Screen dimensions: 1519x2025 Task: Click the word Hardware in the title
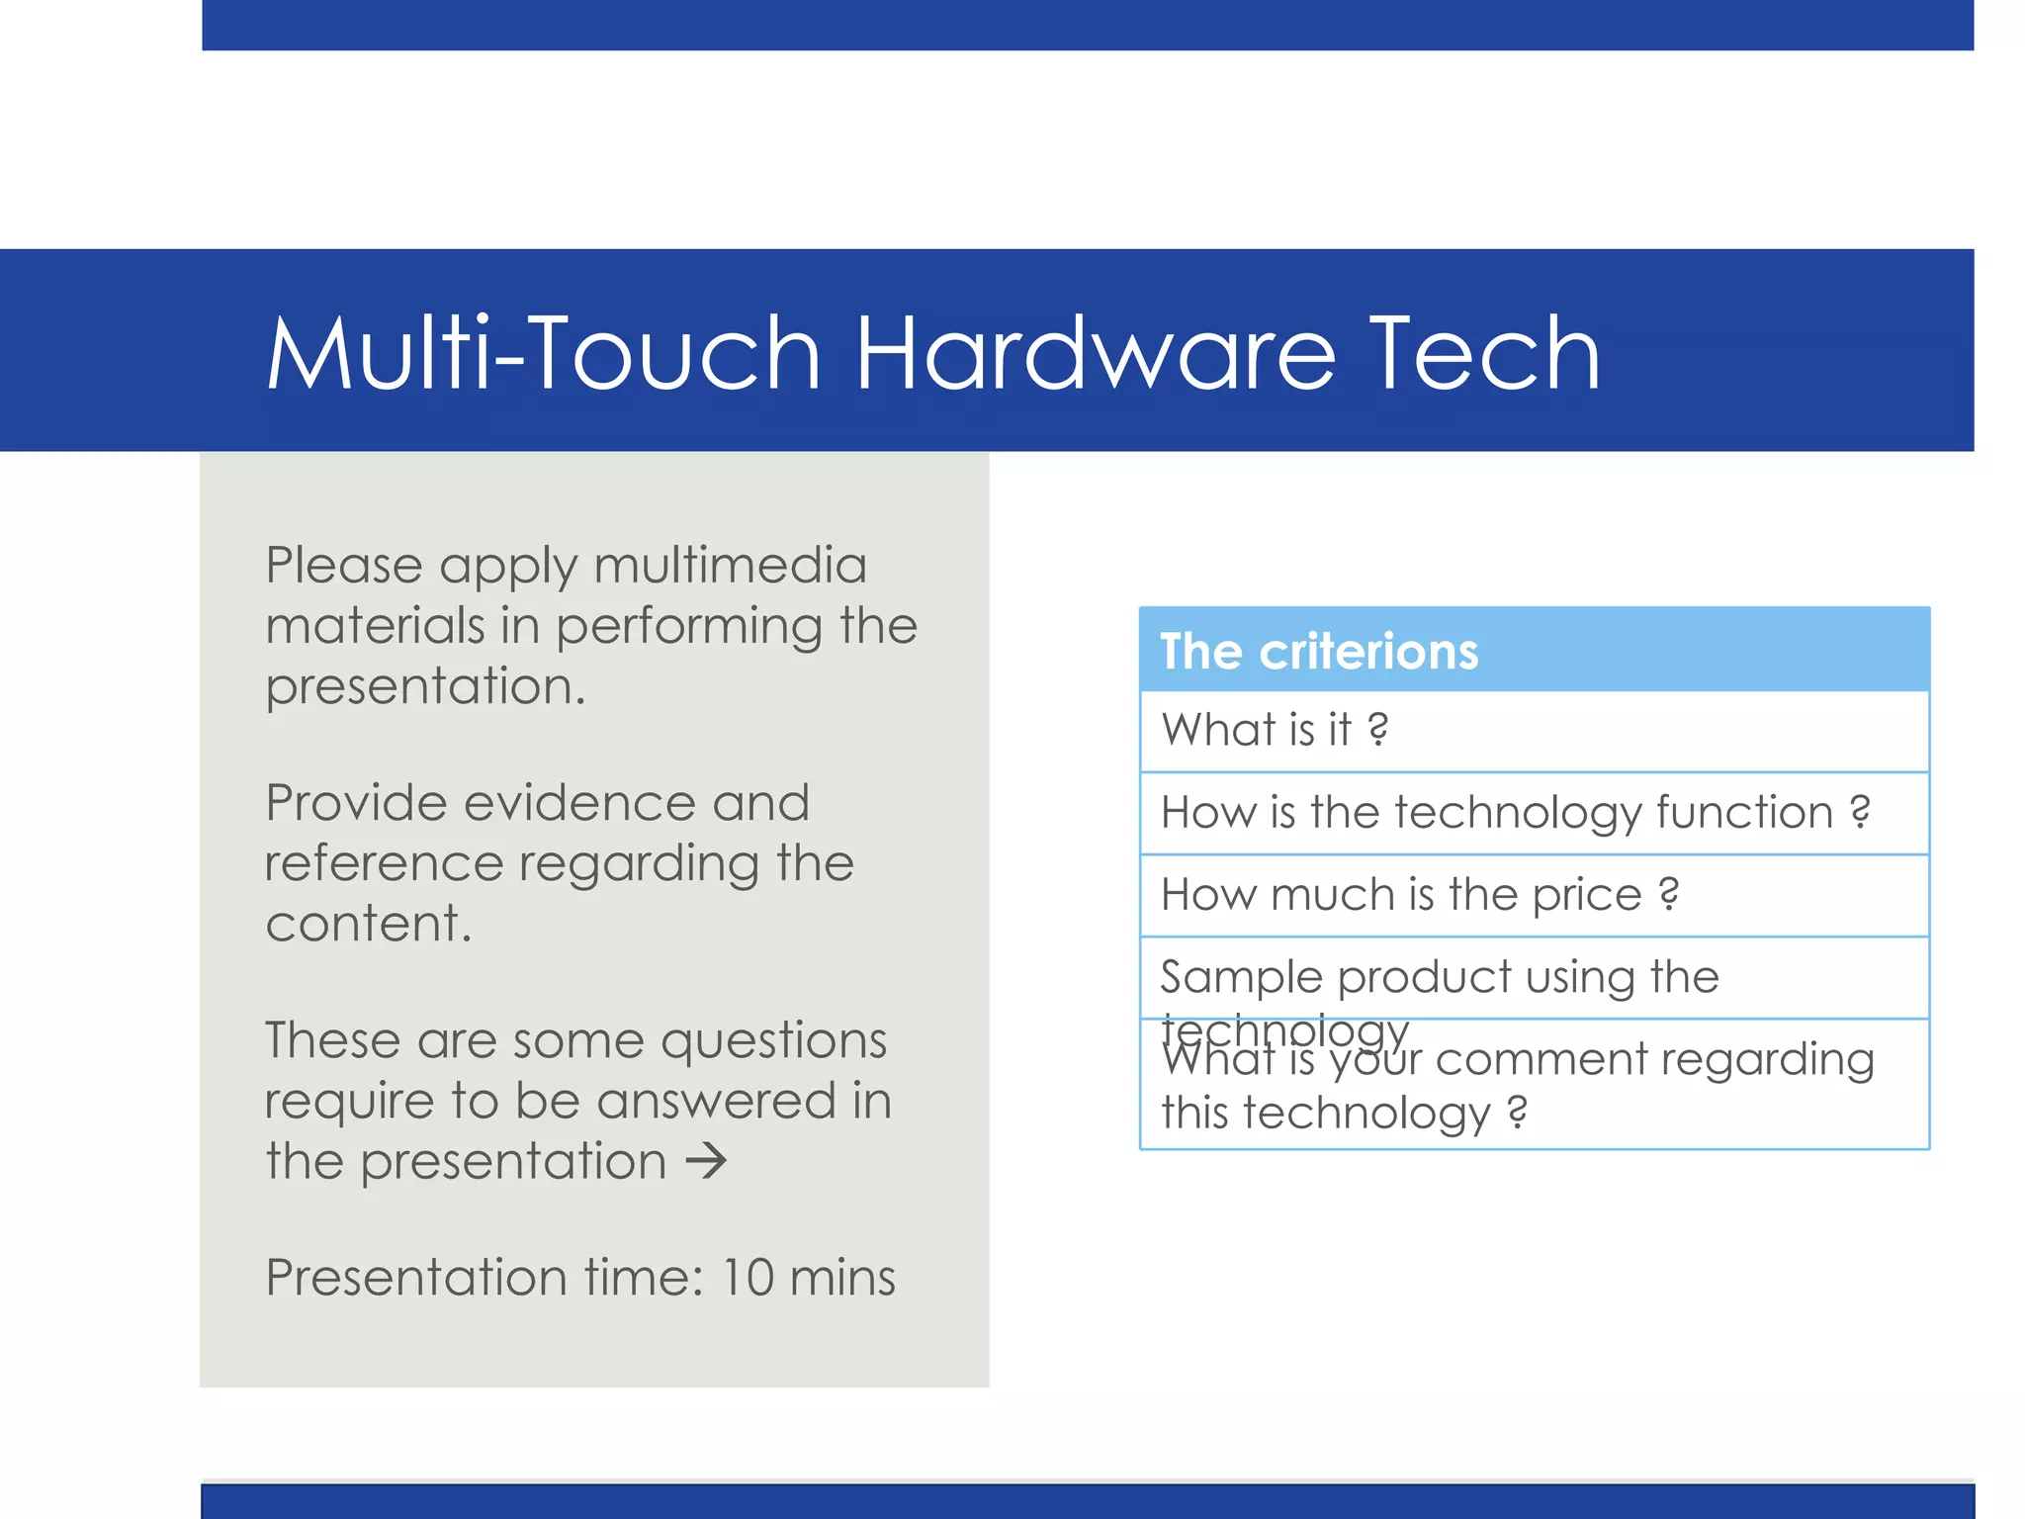1096,353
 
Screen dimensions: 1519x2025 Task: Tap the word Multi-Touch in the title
543,353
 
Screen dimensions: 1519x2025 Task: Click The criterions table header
1318,651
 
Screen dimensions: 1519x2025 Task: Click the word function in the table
1744,813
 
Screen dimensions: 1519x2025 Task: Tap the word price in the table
1586,895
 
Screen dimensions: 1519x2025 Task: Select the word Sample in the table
1241,977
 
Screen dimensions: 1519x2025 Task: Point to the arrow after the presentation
706,1160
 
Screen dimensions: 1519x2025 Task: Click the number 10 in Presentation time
747,1277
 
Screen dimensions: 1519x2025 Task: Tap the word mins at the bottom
842,1277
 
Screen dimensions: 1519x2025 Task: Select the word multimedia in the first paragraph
730,566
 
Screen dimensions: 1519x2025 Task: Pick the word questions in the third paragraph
773,1041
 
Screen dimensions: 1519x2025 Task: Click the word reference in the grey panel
384,862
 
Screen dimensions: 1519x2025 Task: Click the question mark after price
1669,894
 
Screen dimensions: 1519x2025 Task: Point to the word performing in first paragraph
688,627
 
